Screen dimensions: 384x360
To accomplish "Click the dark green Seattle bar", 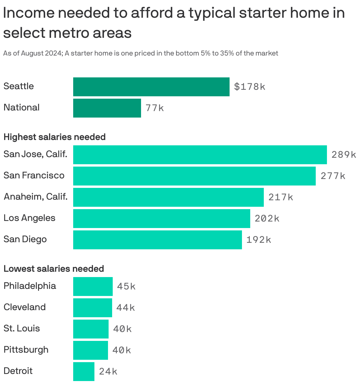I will (151, 87).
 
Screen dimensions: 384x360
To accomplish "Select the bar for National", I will (107, 108).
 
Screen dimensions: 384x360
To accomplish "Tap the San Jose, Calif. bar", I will (200, 155).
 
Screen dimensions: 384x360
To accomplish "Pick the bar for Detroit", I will (84, 372).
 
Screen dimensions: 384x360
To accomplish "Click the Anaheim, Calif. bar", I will (168, 197).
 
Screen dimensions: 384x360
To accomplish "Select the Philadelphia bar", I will (93, 287).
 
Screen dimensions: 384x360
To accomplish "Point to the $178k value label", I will (250, 87).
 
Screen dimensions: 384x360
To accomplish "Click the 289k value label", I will (344, 155).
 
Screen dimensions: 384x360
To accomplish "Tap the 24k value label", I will (108, 372).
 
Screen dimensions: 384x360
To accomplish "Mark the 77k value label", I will (155, 108).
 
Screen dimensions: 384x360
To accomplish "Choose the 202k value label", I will (267, 219).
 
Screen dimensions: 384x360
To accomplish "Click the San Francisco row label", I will (34, 175).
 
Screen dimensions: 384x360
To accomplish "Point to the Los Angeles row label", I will (30, 218).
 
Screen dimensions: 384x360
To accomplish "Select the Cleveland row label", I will (25, 307).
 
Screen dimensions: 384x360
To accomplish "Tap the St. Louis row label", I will (22, 328).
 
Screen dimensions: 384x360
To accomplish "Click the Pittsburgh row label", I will (26, 350).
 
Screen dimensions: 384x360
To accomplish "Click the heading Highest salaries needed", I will (55, 137).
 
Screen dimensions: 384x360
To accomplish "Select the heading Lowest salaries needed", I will (54, 269).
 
